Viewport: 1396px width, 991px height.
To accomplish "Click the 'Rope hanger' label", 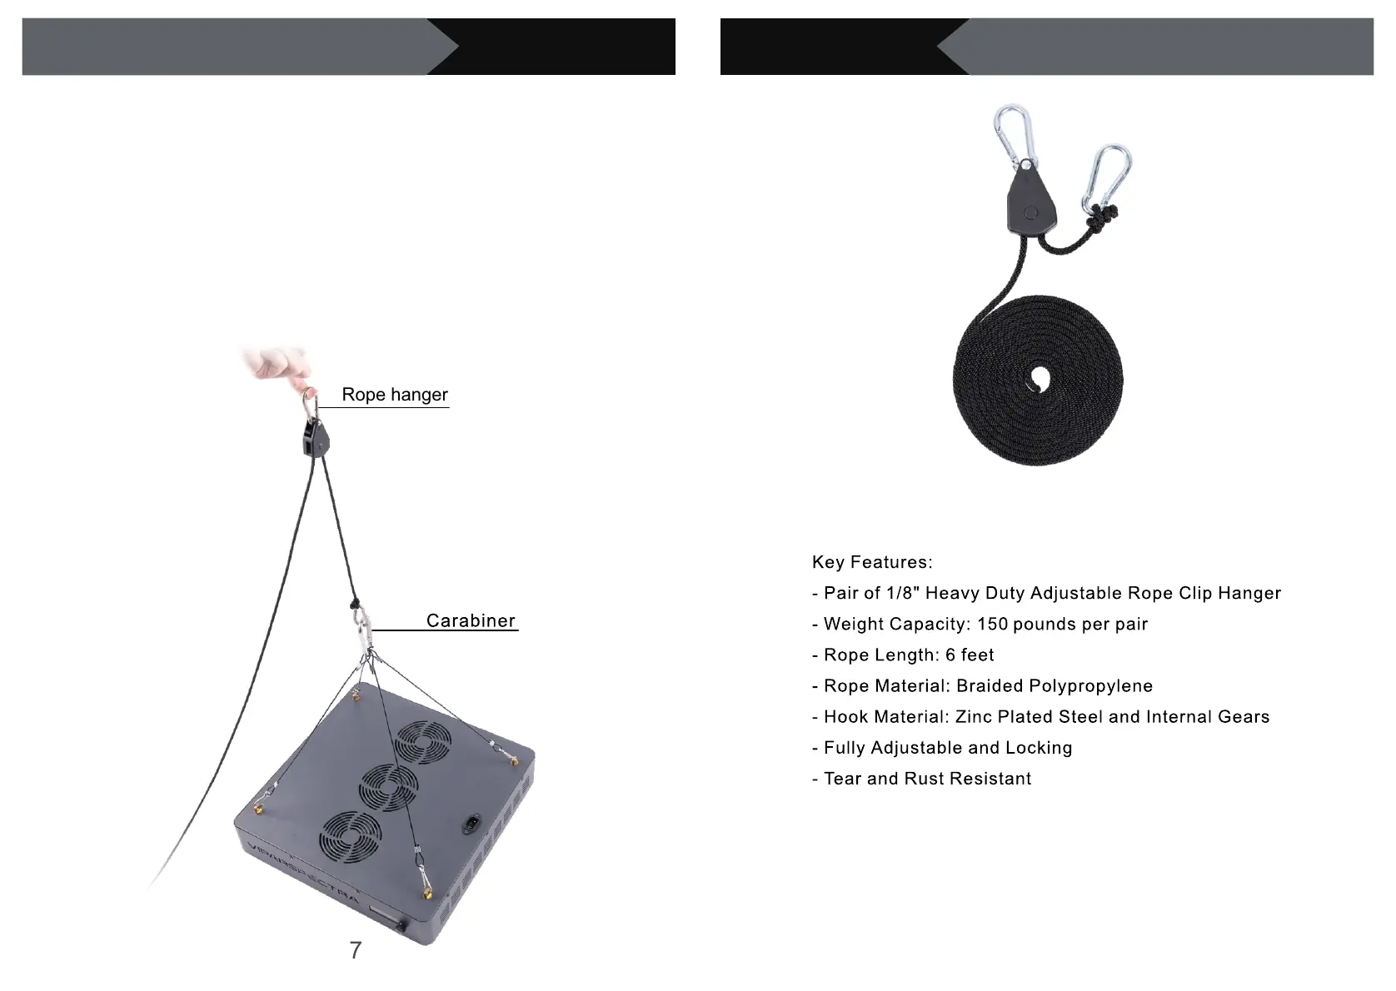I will coord(394,395).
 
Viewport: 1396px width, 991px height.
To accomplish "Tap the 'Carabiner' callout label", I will coord(471,620).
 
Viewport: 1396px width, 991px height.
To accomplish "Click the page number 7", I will coord(356,950).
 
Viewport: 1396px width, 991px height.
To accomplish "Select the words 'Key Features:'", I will coord(872,562).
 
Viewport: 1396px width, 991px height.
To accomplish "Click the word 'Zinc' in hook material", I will coord(973,716).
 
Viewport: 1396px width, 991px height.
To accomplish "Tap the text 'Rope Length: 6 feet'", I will coord(908,655).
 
